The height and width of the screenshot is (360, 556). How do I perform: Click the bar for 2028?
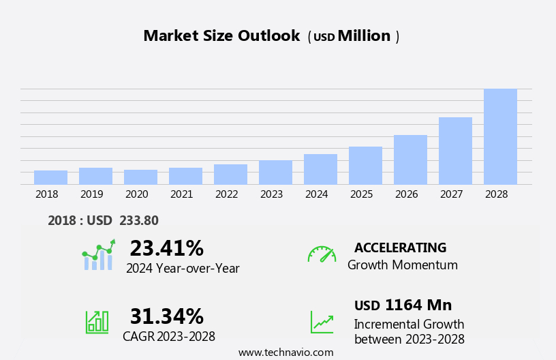(x=500, y=136)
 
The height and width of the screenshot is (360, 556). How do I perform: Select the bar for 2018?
(x=50, y=177)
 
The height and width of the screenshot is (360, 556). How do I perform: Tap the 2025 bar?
(x=365, y=165)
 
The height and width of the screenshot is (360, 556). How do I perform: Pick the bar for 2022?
(x=230, y=174)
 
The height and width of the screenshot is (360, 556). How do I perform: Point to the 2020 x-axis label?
(x=136, y=194)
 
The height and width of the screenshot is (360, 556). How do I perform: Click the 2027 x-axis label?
(x=451, y=194)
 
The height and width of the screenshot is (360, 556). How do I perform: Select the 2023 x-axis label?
(x=271, y=194)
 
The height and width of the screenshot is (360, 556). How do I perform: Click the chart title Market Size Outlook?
(x=221, y=36)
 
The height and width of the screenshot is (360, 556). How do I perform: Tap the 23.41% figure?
(x=166, y=248)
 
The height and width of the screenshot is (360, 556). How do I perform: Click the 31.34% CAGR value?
(x=166, y=316)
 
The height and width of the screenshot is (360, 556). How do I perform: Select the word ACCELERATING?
(x=400, y=247)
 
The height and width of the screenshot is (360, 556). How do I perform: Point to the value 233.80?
(x=139, y=220)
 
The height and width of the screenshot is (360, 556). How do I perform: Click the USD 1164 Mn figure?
(x=403, y=305)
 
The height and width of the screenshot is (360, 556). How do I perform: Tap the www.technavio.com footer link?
(x=285, y=352)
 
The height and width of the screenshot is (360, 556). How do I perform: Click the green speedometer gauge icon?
(x=322, y=254)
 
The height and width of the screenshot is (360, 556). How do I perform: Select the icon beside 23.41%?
(x=98, y=255)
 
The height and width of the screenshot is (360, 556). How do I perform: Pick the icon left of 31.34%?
(x=97, y=321)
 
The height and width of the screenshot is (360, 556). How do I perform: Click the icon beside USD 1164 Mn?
(x=322, y=322)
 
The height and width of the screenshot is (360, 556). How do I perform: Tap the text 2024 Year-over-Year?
(x=183, y=269)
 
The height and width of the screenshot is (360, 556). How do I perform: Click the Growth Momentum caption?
(x=402, y=265)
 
